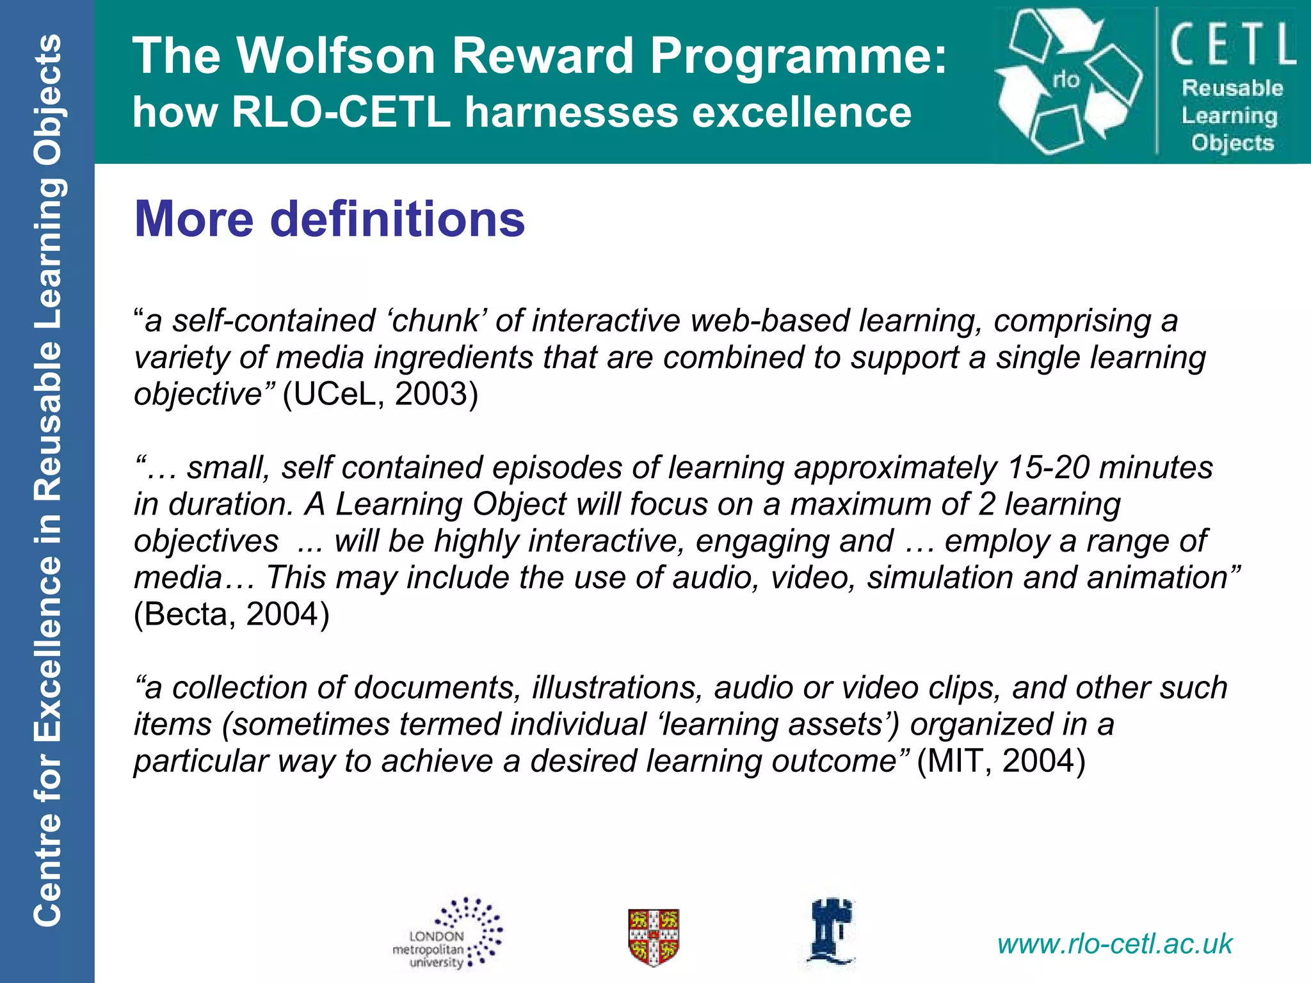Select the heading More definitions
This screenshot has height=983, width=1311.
click(330, 219)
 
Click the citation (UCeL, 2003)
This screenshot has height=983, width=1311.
click(380, 394)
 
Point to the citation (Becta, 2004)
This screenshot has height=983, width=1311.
click(232, 614)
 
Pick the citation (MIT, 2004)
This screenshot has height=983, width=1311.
click(1001, 762)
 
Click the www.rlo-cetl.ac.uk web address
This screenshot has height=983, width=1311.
click(1114, 944)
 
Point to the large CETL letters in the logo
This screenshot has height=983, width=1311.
click(1233, 45)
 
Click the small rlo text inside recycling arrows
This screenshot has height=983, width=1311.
click(1066, 80)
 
